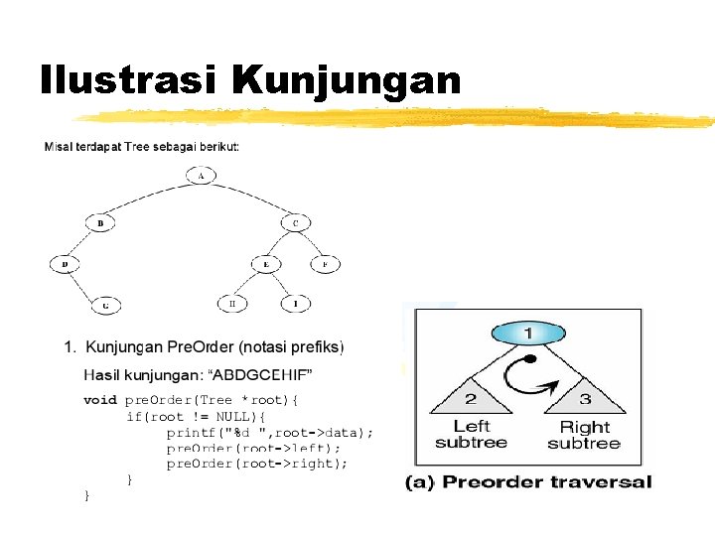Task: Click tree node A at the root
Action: (201, 176)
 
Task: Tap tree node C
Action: (295, 223)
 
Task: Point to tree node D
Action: (65, 264)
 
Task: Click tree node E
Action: (265, 264)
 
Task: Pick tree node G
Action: (105, 305)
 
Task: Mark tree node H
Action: (232, 303)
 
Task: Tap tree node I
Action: (294, 303)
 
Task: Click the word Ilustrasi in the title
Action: (130, 79)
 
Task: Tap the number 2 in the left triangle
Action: (471, 399)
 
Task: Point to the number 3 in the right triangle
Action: (584, 399)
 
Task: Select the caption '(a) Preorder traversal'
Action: (527, 482)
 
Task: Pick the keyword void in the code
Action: (99, 400)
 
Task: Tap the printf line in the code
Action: (269, 433)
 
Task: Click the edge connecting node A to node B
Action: (148, 198)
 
